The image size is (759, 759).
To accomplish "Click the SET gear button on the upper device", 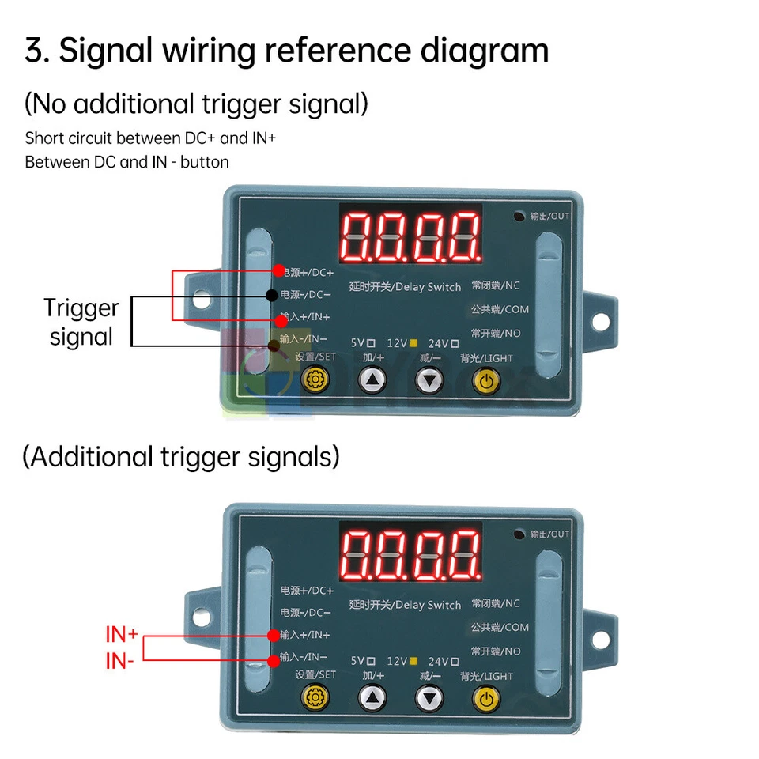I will pyautogui.click(x=315, y=381).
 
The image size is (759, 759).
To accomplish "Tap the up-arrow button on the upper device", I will pyautogui.click(x=372, y=381).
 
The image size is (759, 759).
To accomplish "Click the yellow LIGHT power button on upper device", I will pyautogui.click(x=486, y=381).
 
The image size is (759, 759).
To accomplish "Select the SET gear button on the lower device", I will pyautogui.click(x=315, y=699).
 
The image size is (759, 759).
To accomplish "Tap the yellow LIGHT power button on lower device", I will pyautogui.click(x=486, y=699).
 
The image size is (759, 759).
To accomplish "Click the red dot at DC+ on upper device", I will pyautogui.click(x=278, y=270).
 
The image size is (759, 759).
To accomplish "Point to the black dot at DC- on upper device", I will pyautogui.click(x=271, y=295).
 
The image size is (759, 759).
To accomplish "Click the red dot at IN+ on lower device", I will pyautogui.click(x=273, y=635).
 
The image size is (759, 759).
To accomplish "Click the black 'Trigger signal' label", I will pyautogui.click(x=81, y=322).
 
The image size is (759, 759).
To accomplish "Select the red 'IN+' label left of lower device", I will pyautogui.click(x=122, y=634).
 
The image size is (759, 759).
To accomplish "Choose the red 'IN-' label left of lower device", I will pyautogui.click(x=119, y=661).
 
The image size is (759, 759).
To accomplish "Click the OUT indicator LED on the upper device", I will pyautogui.click(x=519, y=216).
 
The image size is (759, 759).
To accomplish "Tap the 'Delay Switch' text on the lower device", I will pyautogui.click(x=427, y=605).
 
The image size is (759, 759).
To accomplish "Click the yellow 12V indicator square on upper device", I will pyautogui.click(x=413, y=342).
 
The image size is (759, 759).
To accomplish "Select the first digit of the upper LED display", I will pyautogui.click(x=357, y=236).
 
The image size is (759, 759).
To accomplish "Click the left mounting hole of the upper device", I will pyautogui.click(x=203, y=300).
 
